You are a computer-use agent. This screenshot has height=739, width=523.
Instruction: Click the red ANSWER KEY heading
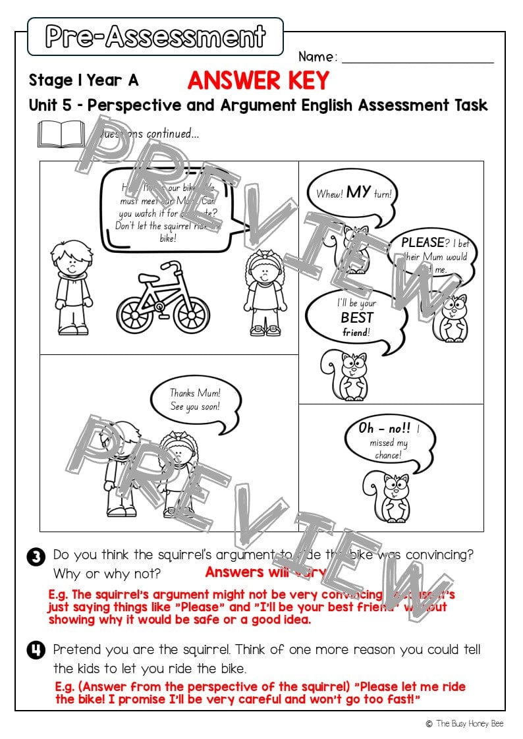coord(258,80)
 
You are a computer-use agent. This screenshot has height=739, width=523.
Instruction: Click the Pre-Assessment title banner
coord(155,36)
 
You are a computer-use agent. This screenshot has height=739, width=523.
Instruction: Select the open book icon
coord(61,134)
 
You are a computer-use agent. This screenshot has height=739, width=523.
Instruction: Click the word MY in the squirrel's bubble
coord(358,192)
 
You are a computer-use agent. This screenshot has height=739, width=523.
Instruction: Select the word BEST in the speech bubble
coord(356,317)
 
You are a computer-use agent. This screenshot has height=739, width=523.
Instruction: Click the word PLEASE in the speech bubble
coord(423,242)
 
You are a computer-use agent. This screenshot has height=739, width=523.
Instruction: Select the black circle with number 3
coord(36,557)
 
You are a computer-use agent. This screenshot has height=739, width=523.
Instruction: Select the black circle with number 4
coord(36,651)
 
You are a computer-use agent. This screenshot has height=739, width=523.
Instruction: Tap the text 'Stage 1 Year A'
coord(84,80)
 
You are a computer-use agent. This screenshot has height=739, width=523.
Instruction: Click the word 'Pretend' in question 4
coord(77,649)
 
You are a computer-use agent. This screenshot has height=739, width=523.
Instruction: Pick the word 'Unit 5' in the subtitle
coord(53,105)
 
